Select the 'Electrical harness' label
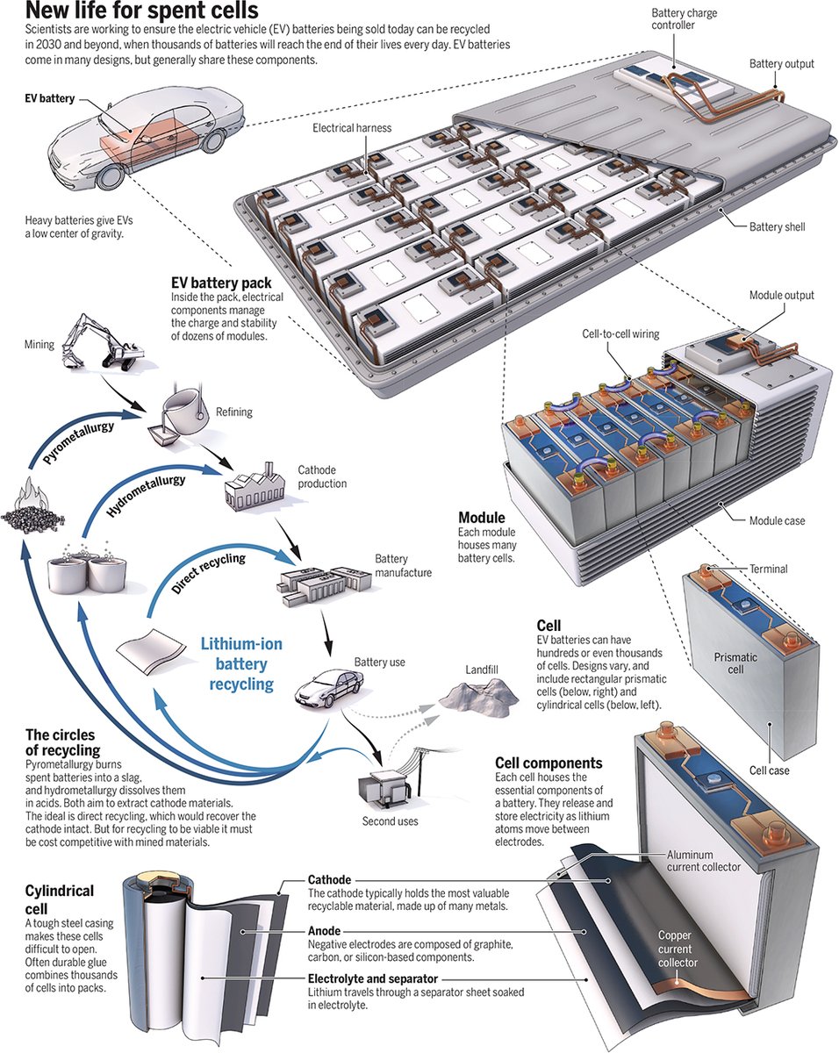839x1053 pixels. coord(352,128)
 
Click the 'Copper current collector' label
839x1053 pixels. coord(678,949)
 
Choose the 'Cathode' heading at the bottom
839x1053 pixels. coord(329,879)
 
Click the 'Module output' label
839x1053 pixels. coord(780,296)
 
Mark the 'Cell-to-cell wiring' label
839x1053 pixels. coord(620,334)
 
